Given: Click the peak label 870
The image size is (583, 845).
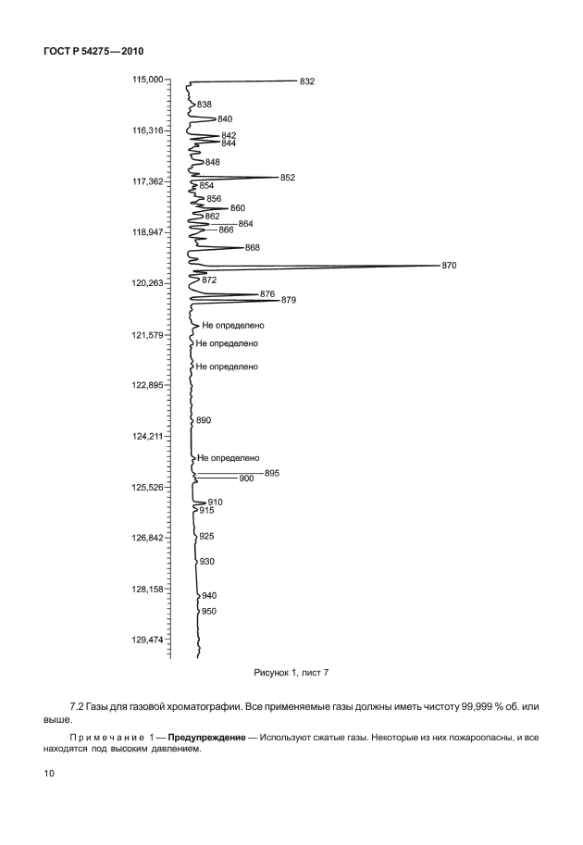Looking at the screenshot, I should pos(449,266).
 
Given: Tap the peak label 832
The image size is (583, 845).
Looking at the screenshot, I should pos(307,81).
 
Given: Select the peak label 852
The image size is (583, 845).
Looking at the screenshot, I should pos(287,178).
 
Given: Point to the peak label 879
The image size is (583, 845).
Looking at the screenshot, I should pos(289,300).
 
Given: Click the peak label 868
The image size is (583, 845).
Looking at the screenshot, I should pos(253,248).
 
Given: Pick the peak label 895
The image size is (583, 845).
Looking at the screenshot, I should pos(271,473).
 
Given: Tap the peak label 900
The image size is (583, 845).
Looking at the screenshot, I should pos(246,478).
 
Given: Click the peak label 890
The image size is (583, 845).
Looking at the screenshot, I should pos(205,420).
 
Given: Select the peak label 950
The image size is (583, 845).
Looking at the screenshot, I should pos(209,612).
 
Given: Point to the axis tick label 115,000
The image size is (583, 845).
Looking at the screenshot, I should pos(146,80).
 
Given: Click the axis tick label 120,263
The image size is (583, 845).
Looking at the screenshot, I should pos(146,283).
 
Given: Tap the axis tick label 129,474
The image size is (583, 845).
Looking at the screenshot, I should pos(146,640).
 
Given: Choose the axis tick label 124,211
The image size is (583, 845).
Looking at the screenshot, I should pos(146,436).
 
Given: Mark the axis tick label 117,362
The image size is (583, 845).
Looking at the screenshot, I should pos(146,181).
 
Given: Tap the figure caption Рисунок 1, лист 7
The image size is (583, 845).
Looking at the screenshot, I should pos(291,673).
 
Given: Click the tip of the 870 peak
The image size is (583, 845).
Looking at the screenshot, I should pos(437,267).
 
